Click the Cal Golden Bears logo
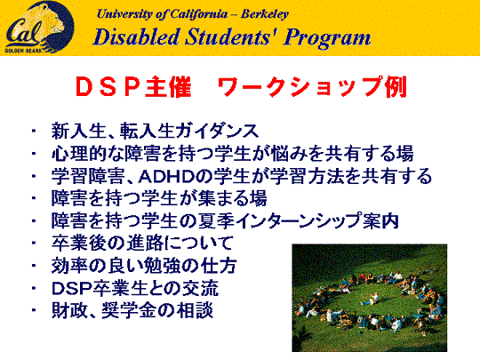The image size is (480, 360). [x=39, y=28]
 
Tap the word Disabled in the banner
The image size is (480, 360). [x=136, y=37]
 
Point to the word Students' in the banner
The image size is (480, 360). [x=231, y=37]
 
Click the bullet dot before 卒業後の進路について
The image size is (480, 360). [x=34, y=243]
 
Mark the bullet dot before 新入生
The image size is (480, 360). [x=34, y=131]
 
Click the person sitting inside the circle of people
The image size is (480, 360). [x=371, y=298]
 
